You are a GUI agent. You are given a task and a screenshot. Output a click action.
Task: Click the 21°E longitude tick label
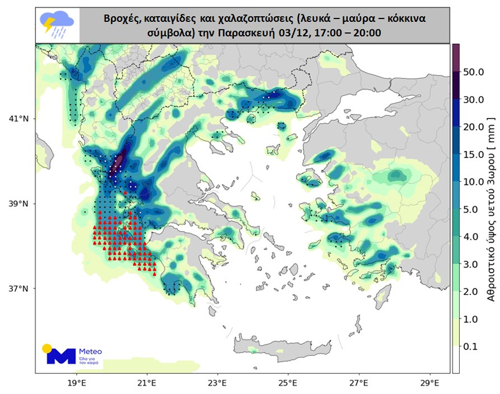[147, 382]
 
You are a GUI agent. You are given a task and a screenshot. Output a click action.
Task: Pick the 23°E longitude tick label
[217, 382]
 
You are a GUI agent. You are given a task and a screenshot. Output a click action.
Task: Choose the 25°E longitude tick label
[287, 382]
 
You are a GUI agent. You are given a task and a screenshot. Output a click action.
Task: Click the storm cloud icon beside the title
[56, 25]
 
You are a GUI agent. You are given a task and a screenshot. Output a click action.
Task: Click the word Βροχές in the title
[123, 18]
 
